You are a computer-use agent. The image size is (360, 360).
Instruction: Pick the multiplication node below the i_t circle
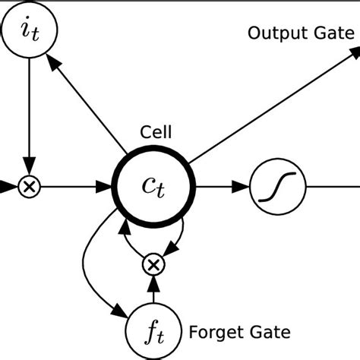pos(29,185)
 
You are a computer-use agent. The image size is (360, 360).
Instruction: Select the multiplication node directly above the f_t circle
pos(153,264)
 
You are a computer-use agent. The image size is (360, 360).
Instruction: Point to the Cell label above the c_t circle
pos(156,132)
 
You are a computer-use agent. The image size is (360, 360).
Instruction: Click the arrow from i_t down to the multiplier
pos(29,114)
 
